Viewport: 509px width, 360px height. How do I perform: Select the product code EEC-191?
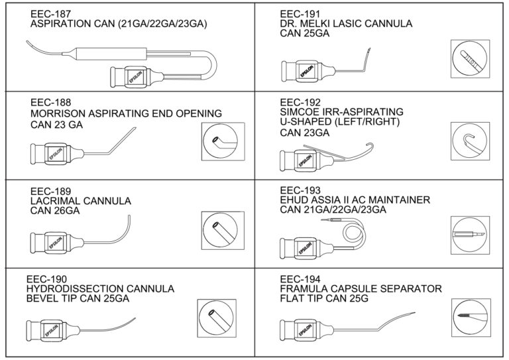tap(299, 13)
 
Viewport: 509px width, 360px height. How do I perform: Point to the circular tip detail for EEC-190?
tap(217, 315)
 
